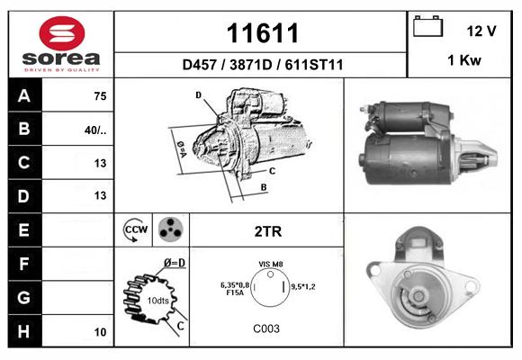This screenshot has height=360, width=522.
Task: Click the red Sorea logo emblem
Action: (62, 33)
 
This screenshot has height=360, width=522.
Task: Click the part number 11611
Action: (262, 33)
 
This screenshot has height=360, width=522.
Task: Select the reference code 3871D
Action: (251, 65)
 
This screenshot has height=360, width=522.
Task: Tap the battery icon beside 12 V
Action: (427, 26)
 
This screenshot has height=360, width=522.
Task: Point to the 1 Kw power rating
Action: (464, 60)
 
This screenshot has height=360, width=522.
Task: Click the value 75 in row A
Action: (100, 96)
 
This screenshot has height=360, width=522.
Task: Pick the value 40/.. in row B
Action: (95, 130)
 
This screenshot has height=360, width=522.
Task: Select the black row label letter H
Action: (24, 332)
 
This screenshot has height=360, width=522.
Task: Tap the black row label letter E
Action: (23, 230)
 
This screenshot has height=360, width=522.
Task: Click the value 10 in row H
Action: (100, 332)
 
